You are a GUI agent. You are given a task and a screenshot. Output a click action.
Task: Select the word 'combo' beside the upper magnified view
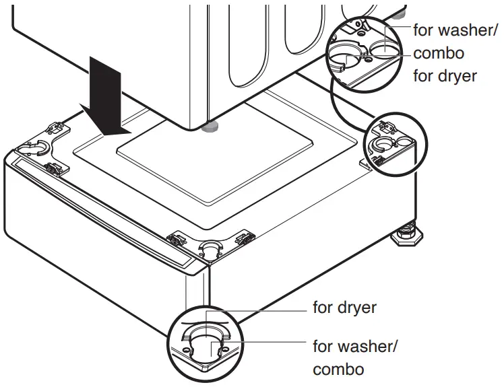[438, 52]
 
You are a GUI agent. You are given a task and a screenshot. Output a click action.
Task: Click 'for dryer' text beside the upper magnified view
[444, 75]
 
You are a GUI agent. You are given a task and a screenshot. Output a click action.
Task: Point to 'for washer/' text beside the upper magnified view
[457, 30]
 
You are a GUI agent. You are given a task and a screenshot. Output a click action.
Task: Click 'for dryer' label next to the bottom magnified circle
[344, 308]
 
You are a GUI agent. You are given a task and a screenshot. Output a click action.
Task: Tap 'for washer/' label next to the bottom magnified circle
[355, 347]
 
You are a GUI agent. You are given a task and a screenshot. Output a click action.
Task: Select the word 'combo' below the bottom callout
[338, 370]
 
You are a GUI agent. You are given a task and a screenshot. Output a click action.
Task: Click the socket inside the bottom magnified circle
[204, 340]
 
